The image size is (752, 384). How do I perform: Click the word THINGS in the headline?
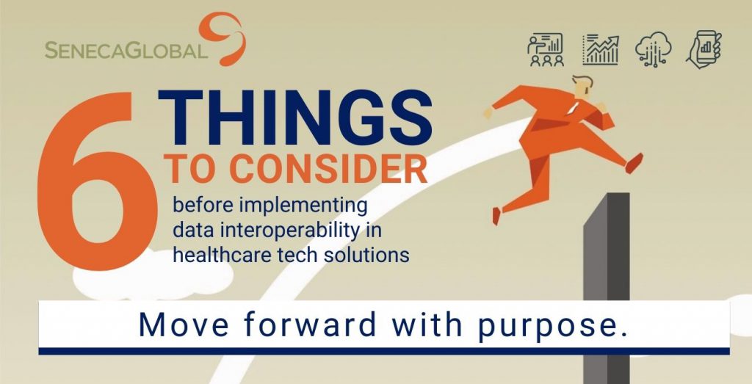click(295, 117)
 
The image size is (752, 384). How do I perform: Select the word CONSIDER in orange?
click(328, 169)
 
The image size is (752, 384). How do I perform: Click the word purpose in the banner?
click(552, 325)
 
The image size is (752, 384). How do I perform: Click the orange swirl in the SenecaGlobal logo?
click(223, 37)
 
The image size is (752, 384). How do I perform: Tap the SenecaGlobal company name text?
click(126, 50)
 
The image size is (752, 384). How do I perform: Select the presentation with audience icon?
click(546, 49)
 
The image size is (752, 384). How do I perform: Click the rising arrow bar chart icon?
click(601, 49)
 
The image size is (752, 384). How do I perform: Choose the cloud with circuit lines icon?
click(653, 49)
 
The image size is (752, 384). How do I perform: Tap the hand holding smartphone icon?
click(704, 49)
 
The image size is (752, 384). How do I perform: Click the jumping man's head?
click(582, 87)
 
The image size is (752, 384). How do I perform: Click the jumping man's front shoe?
click(634, 163)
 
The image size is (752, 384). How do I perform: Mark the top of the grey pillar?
click(607, 194)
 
